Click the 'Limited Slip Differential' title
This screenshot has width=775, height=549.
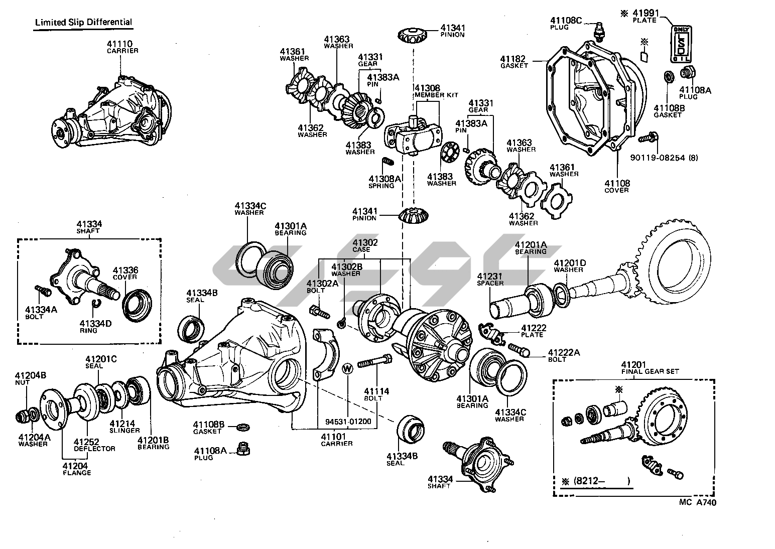[x=83, y=22]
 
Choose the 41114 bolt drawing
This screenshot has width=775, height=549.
[x=375, y=361]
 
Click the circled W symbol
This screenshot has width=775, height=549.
[x=347, y=368]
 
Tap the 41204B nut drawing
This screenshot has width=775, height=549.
[x=22, y=416]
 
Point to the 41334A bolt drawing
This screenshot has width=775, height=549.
[x=41, y=291]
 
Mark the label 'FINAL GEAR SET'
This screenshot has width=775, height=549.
[x=650, y=371]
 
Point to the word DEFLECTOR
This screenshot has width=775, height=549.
[x=94, y=449]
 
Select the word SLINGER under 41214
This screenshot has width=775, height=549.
[x=125, y=431]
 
